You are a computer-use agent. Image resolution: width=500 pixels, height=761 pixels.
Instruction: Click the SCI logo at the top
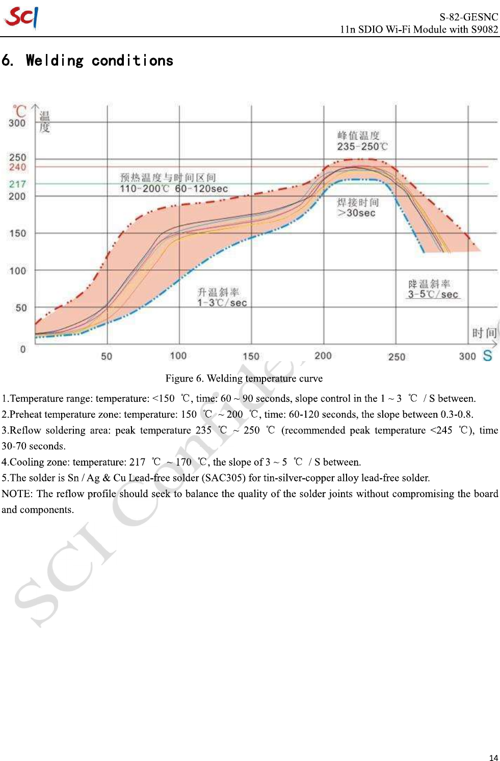(x=21, y=17)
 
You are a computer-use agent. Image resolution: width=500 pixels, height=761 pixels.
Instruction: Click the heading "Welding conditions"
(x=99, y=61)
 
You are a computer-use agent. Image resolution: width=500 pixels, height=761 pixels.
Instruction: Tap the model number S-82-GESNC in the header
(x=468, y=17)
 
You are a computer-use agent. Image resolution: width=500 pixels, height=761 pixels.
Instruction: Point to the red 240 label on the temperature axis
(x=17, y=167)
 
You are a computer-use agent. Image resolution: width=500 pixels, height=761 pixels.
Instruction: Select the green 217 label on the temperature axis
(x=17, y=184)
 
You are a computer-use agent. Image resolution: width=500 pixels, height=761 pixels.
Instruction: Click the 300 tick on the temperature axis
(x=17, y=123)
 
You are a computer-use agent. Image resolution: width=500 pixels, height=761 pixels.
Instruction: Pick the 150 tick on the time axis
(x=251, y=356)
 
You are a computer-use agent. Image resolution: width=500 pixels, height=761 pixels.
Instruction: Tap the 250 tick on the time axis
(x=396, y=357)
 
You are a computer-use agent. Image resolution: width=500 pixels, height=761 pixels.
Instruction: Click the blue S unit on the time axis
(x=487, y=356)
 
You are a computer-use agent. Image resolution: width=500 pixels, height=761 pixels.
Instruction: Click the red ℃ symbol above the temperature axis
(x=19, y=110)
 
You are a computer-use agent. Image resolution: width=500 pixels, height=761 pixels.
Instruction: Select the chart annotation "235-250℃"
(x=362, y=147)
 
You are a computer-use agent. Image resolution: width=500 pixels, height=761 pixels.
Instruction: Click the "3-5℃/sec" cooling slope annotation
(x=433, y=294)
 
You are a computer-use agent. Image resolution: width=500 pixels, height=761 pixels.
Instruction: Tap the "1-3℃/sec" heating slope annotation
(x=222, y=303)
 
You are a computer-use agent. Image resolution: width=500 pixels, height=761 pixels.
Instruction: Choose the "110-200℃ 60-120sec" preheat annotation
(x=174, y=188)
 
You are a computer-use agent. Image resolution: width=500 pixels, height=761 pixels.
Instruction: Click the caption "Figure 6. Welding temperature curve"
(x=244, y=378)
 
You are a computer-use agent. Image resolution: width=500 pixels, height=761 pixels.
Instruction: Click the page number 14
(x=493, y=757)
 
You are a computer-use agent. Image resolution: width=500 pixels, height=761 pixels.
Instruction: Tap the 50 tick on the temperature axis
(x=21, y=308)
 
